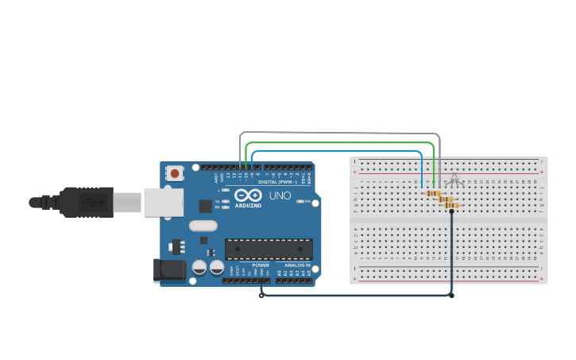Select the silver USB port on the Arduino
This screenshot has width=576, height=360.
(x=163, y=202)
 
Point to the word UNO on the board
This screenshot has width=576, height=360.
(x=280, y=195)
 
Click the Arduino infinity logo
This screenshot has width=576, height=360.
(x=248, y=195)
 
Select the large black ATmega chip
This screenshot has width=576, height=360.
(x=268, y=249)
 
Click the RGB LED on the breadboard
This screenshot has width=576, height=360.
(x=454, y=180)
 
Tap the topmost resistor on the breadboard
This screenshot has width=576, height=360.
(x=433, y=193)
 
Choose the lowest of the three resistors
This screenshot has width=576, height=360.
(x=450, y=205)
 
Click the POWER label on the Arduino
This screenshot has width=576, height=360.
(x=261, y=265)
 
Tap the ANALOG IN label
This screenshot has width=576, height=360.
(x=297, y=265)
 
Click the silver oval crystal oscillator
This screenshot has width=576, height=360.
(x=203, y=225)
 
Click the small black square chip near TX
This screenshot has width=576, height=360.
(x=205, y=206)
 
